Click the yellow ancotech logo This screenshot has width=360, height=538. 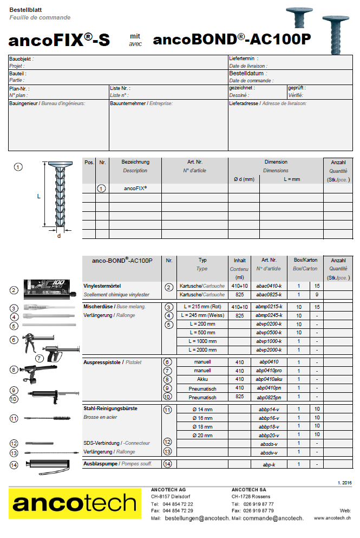(75, 503)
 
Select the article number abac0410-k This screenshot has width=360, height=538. (270, 286)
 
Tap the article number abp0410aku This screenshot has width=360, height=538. (270, 379)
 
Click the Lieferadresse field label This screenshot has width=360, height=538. (244, 102)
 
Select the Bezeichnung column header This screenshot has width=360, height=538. (135, 162)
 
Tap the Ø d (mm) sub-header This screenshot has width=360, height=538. (244, 179)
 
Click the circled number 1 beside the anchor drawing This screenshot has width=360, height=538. (18, 167)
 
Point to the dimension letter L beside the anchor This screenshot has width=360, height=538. (38, 196)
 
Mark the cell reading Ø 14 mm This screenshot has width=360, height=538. (203, 410)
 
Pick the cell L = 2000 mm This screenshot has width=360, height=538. (203, 350)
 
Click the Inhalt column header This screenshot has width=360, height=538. (239, 260)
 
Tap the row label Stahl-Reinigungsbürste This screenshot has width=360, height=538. (110, 409)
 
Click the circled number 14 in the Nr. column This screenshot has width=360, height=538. (168, 464)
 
